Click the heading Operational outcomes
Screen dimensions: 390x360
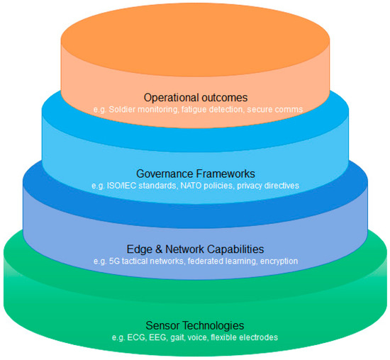tap(196, 98)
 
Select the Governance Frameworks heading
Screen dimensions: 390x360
tap(196, 174)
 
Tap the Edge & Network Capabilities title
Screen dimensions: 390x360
tap(195, 249)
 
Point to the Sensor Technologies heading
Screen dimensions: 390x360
tap(195, 325)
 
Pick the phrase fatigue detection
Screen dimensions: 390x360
tap(212, 109)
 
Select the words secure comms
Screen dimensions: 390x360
tap(275, 109)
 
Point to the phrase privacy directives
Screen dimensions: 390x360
tap(268, 186)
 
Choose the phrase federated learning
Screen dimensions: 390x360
tap(222, 261)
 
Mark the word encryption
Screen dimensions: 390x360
tap(279, 261)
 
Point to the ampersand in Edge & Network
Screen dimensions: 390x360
tap(159, 249)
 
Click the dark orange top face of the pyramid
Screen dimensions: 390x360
tap(195, 40)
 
